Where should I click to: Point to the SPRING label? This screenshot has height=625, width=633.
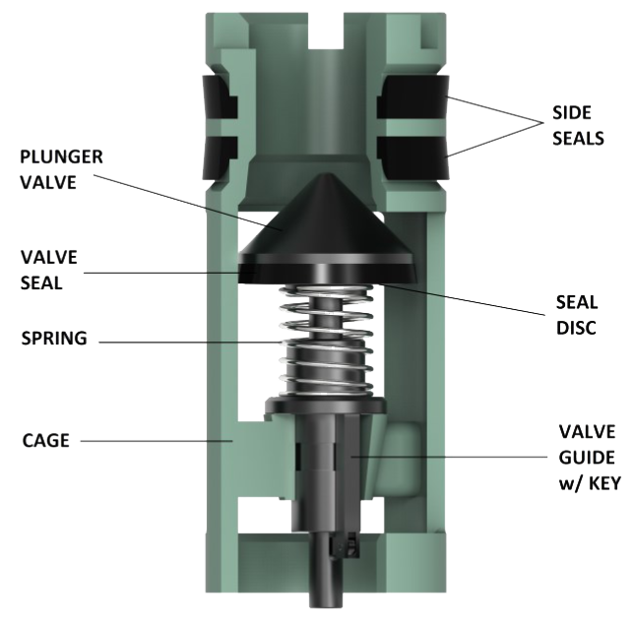point(53,340)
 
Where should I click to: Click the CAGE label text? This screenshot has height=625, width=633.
point(44,441)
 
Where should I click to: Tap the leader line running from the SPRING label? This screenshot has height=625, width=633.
point(197,341)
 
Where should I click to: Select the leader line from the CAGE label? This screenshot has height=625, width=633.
point(158,441)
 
